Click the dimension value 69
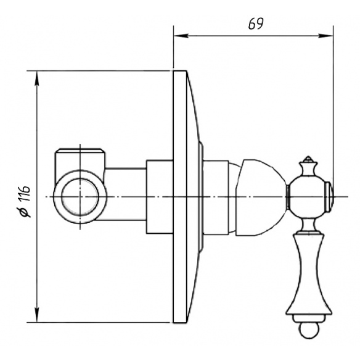point(256,23)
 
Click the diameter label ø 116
point(25,202)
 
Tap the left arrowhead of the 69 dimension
point(181,36)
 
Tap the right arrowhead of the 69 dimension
point(325,36)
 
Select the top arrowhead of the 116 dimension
point(37,78)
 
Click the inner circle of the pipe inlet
point(80,197)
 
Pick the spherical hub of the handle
point(307,197)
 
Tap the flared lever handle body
point(309,274)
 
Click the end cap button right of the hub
point(329,197)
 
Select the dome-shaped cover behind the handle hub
point(261,197)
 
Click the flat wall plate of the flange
point(180,197)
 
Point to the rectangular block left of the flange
point(160,197)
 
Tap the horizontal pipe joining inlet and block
point(126,197)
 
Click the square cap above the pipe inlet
point(80,159)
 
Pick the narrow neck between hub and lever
point(308,225)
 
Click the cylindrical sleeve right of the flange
point(216,197)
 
